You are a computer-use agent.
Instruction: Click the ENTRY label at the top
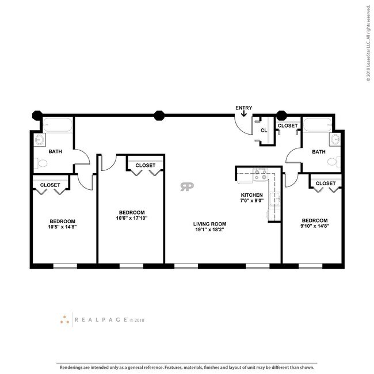(x=244, y=108)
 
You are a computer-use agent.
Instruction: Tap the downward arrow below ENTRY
(x=244, y=115)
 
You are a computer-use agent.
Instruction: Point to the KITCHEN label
(x=251, y=195)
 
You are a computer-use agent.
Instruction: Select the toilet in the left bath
(x=40, y=163)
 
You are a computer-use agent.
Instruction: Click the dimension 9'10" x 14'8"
(x=315, y=227)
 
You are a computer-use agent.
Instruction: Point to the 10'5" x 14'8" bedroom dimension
(x=62, y=227)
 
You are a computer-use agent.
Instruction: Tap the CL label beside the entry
(x=264, y=131)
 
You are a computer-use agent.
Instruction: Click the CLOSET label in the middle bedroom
(x=145, y=165)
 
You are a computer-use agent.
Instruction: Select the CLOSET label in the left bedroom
(x=50, y=185)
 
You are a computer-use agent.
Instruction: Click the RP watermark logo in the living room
(x=186, y=187)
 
